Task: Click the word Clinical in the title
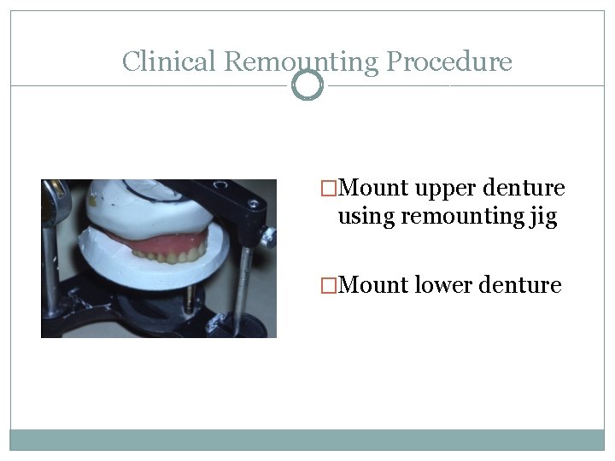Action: tap(169, 61)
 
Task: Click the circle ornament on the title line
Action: tap(307, 85)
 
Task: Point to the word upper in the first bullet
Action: tap(444, 188)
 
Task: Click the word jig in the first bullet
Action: tap(542, 218)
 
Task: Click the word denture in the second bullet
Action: tap(522, 285)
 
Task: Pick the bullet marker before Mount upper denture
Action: tap(328, 188)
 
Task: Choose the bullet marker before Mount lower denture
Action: tap(328, 285)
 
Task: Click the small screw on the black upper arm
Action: tap(252, 203)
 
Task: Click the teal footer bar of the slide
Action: tap(307, 440)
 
